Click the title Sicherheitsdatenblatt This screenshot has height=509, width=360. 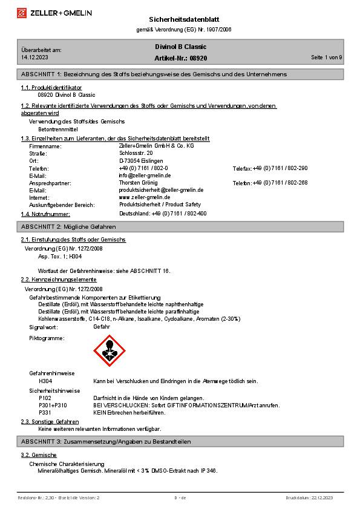click(180, 19)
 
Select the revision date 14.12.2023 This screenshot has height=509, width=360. click(34, 57)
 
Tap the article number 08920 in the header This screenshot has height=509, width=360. click(198, 57)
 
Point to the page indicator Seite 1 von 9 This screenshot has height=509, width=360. click(326, 57)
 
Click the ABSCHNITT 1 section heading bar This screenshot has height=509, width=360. click(180, 74)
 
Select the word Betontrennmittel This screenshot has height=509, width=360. click(58, 130)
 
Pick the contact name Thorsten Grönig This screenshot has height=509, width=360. click(138, 183)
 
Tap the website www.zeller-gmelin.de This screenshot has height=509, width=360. click(144, 197)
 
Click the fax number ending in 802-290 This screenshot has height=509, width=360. click(280, 168)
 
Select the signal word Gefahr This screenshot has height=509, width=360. click(102, 327)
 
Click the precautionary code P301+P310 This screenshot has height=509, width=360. click(53, 405)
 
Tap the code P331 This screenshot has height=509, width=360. click(45, 412)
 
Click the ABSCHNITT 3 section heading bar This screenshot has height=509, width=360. click(180, 442)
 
